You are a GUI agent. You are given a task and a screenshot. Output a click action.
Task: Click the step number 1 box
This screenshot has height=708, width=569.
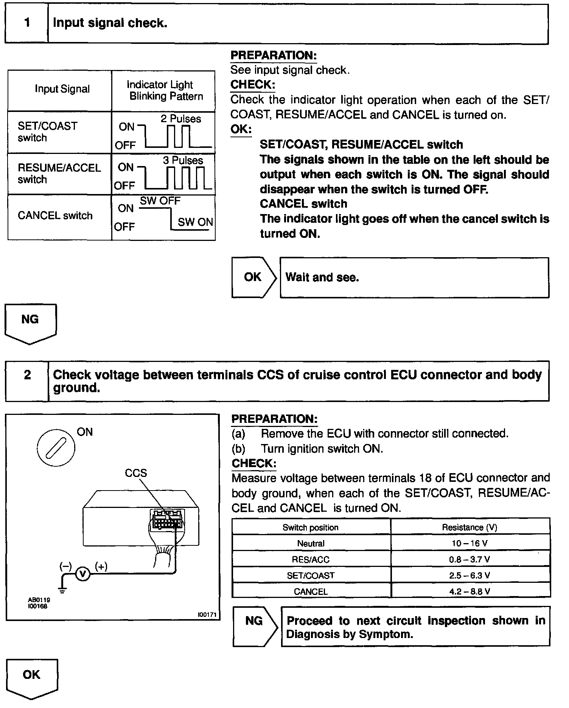click(x=26, y=23)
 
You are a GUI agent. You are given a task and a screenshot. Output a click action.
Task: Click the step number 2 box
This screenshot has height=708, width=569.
click(x=27, y=381)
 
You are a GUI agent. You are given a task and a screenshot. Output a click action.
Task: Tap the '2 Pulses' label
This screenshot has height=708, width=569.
click(x=181, y=119)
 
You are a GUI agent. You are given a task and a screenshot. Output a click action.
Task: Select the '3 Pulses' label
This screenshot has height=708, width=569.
click(x=183, y=160)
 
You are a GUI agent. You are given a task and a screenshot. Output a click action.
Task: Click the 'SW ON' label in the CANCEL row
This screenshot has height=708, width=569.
click(x=195, y=222)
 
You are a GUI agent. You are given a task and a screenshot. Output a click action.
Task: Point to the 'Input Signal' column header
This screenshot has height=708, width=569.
click(x=62, y=89)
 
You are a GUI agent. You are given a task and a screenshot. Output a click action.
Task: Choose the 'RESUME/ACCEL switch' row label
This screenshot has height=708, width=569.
click(x=59, y=174)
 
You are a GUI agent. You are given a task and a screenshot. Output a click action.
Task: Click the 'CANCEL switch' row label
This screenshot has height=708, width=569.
click(x=55, y=216)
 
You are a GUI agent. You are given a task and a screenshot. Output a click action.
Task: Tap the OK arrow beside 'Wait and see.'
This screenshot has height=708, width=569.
click(x=253, y=277)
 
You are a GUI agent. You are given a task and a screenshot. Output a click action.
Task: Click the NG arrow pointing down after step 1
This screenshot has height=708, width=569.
click(x=30, y=323)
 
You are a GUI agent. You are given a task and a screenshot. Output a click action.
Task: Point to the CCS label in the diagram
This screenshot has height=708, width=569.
click(x=136, y=473)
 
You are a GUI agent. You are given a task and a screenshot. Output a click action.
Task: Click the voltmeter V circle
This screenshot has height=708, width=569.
click(x=83, y=574)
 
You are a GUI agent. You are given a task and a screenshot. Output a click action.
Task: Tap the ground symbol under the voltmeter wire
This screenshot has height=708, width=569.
click(x=62, y=590)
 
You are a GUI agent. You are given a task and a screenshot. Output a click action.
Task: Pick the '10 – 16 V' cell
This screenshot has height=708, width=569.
click(x=470, y=543)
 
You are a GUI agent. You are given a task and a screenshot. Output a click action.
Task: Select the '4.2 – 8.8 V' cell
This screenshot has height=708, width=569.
click(x=470, y=592)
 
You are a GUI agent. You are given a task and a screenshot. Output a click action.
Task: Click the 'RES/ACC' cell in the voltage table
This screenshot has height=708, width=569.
click(x=311, y=559)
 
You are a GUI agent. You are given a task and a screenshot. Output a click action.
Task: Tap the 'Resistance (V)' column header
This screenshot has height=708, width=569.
click(x=470, y=527)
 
